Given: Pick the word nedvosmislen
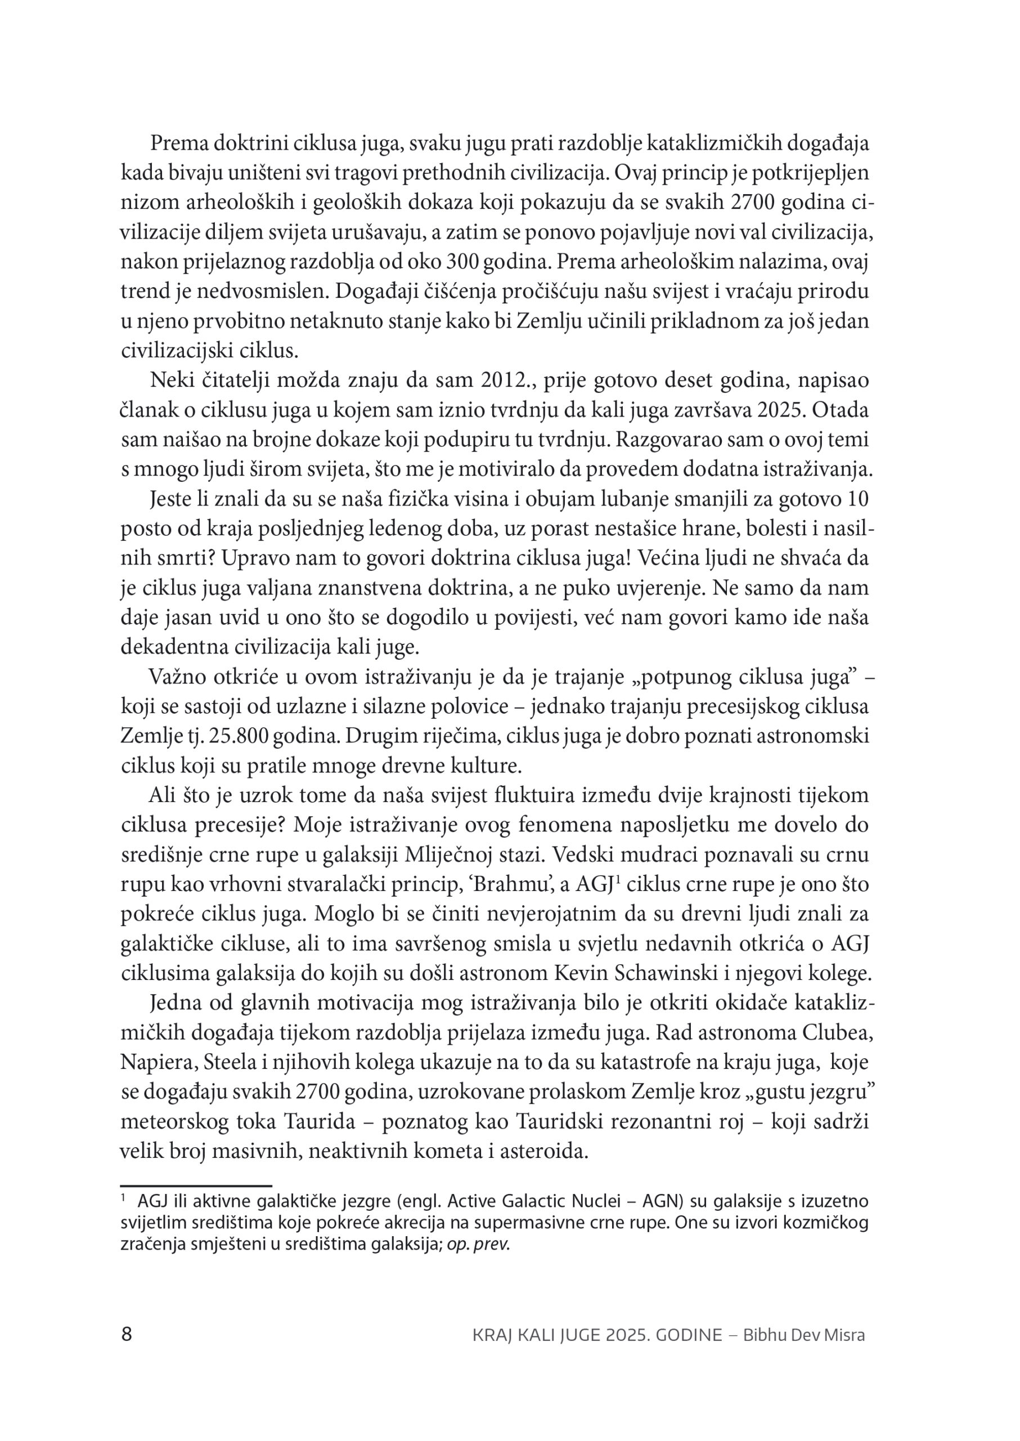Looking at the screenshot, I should [x=253, y=292].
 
